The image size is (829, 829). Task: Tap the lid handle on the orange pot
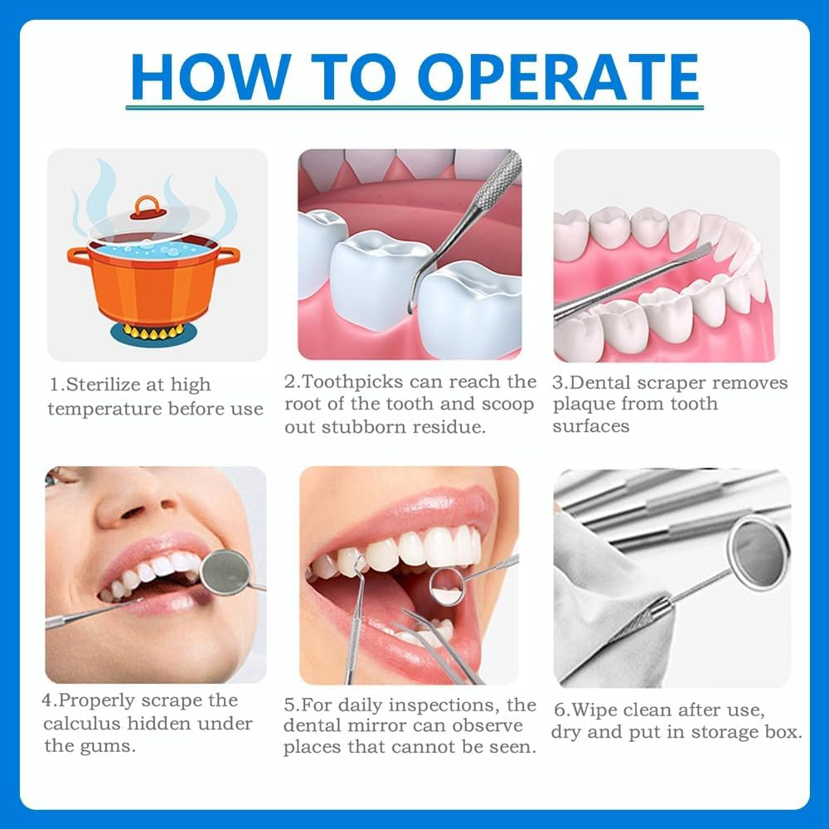[x=147, y=205]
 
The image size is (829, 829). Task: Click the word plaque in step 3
[x=578, y=405]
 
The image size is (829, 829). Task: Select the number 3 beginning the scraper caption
[x=559, y=382]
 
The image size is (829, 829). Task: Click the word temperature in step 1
[x=104, y=409]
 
